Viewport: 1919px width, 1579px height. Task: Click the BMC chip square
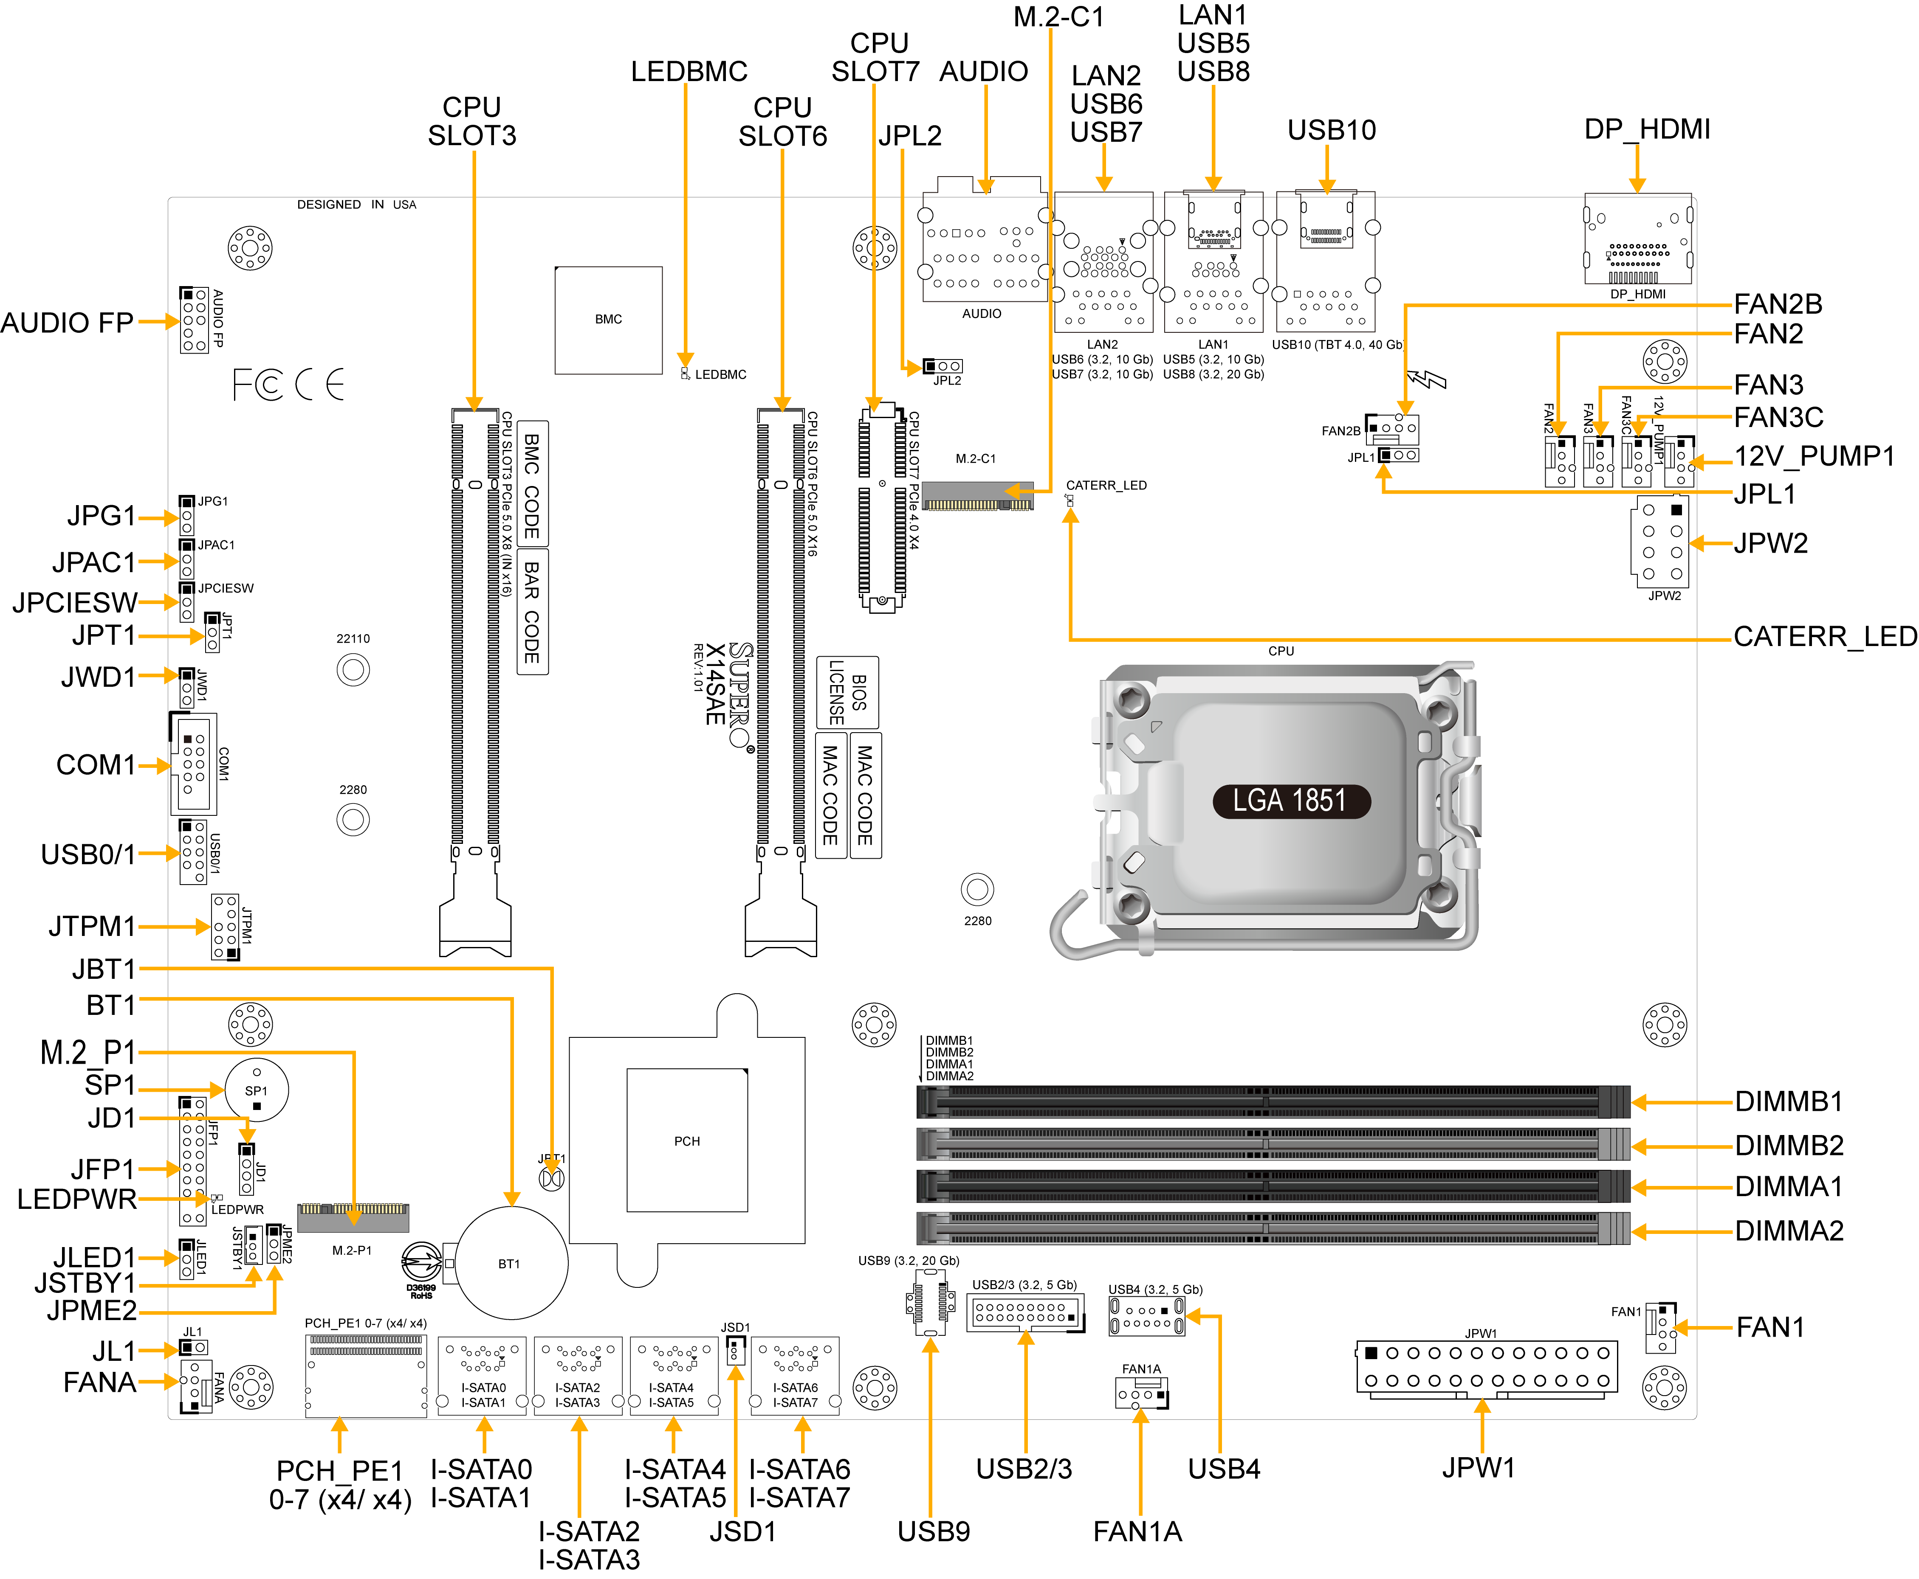pyautogui.click(x=609, y=319)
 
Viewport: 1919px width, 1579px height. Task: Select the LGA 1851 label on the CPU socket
pyautogui.click(x=1290, y=801)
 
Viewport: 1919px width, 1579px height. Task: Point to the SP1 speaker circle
pyautogui.click(x=257, y=1090)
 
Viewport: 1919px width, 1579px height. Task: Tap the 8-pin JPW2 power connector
pyautogui.click(x=1661, y=542)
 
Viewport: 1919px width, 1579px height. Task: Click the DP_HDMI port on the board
pyautogui.click(x=1638, y=239)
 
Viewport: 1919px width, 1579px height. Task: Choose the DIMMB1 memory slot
pyautogui.click(x=1272, y=1101)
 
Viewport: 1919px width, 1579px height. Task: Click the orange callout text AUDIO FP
pyautogui.click(x=68, y=323)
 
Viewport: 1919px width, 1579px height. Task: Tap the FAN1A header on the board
pyautogui.click(x=1141, y=1393)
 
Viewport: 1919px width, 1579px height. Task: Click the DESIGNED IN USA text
pyautogui.click(x=357, y=205)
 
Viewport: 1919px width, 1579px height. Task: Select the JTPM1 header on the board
pyautogui.click(x=226, y=927)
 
